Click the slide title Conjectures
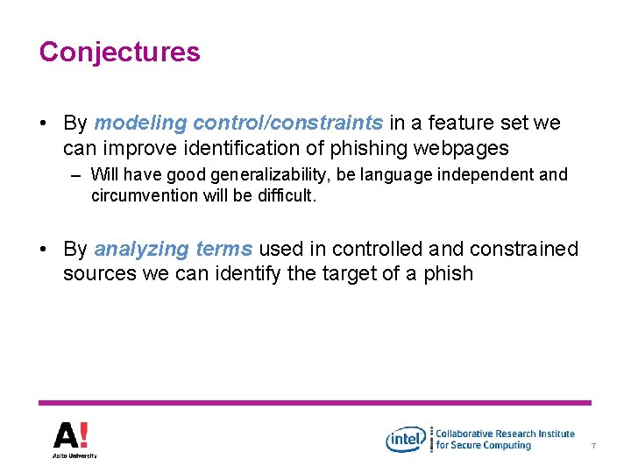click(119, 52)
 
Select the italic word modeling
click(140, 124)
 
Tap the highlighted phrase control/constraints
click(287, 124)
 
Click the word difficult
click(281, 195)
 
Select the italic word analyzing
click(141, 250)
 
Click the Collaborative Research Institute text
click(506, 434)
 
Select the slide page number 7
click(593, 447)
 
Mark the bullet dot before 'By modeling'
click(44, 124)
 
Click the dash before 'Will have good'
click(77, 175)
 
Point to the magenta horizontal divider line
click(315, 403)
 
